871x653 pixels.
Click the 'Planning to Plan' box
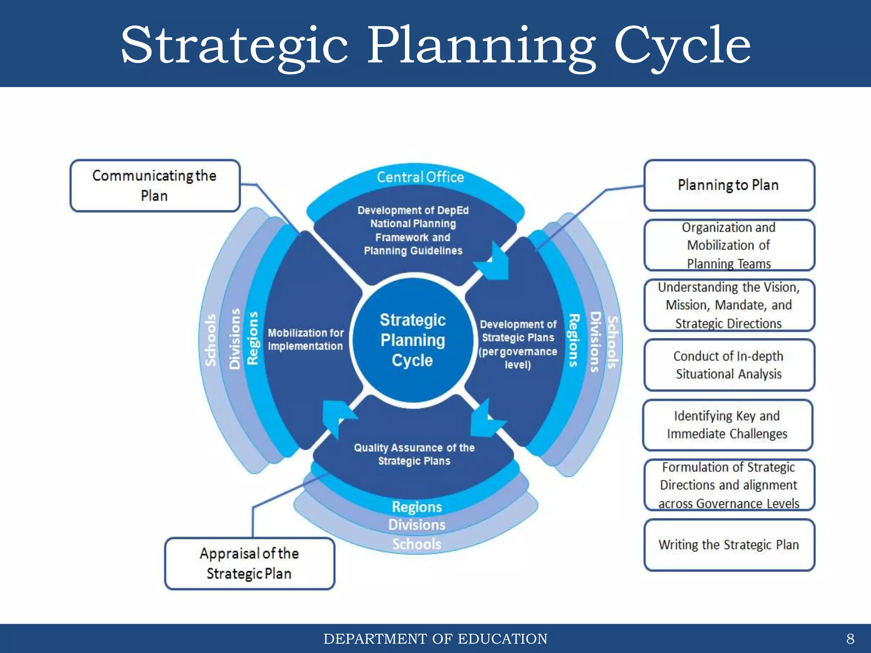point(729,185)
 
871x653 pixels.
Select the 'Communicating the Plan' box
point(155,186)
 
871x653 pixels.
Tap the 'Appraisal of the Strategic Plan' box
point(249,563)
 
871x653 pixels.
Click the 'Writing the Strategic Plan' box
point(729,545)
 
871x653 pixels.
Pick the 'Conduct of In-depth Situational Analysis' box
point(729,365)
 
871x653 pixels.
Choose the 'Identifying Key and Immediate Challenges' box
point(727,425)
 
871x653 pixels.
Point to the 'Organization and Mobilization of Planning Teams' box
point(729,245)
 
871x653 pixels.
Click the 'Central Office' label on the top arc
point(420,177)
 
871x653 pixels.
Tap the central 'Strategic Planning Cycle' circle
point(413,340)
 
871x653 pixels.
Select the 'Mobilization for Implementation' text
point(305,339)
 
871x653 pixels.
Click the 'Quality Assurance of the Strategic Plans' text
point(414,454)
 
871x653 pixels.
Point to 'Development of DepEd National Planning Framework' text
point(413,230)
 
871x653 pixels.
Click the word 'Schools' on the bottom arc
point(417,544)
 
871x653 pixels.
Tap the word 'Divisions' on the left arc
point(235,339)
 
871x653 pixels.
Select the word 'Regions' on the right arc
point(574,340)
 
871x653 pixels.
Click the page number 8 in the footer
point(850,639)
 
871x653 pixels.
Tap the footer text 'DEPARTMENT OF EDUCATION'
point(435,639)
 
